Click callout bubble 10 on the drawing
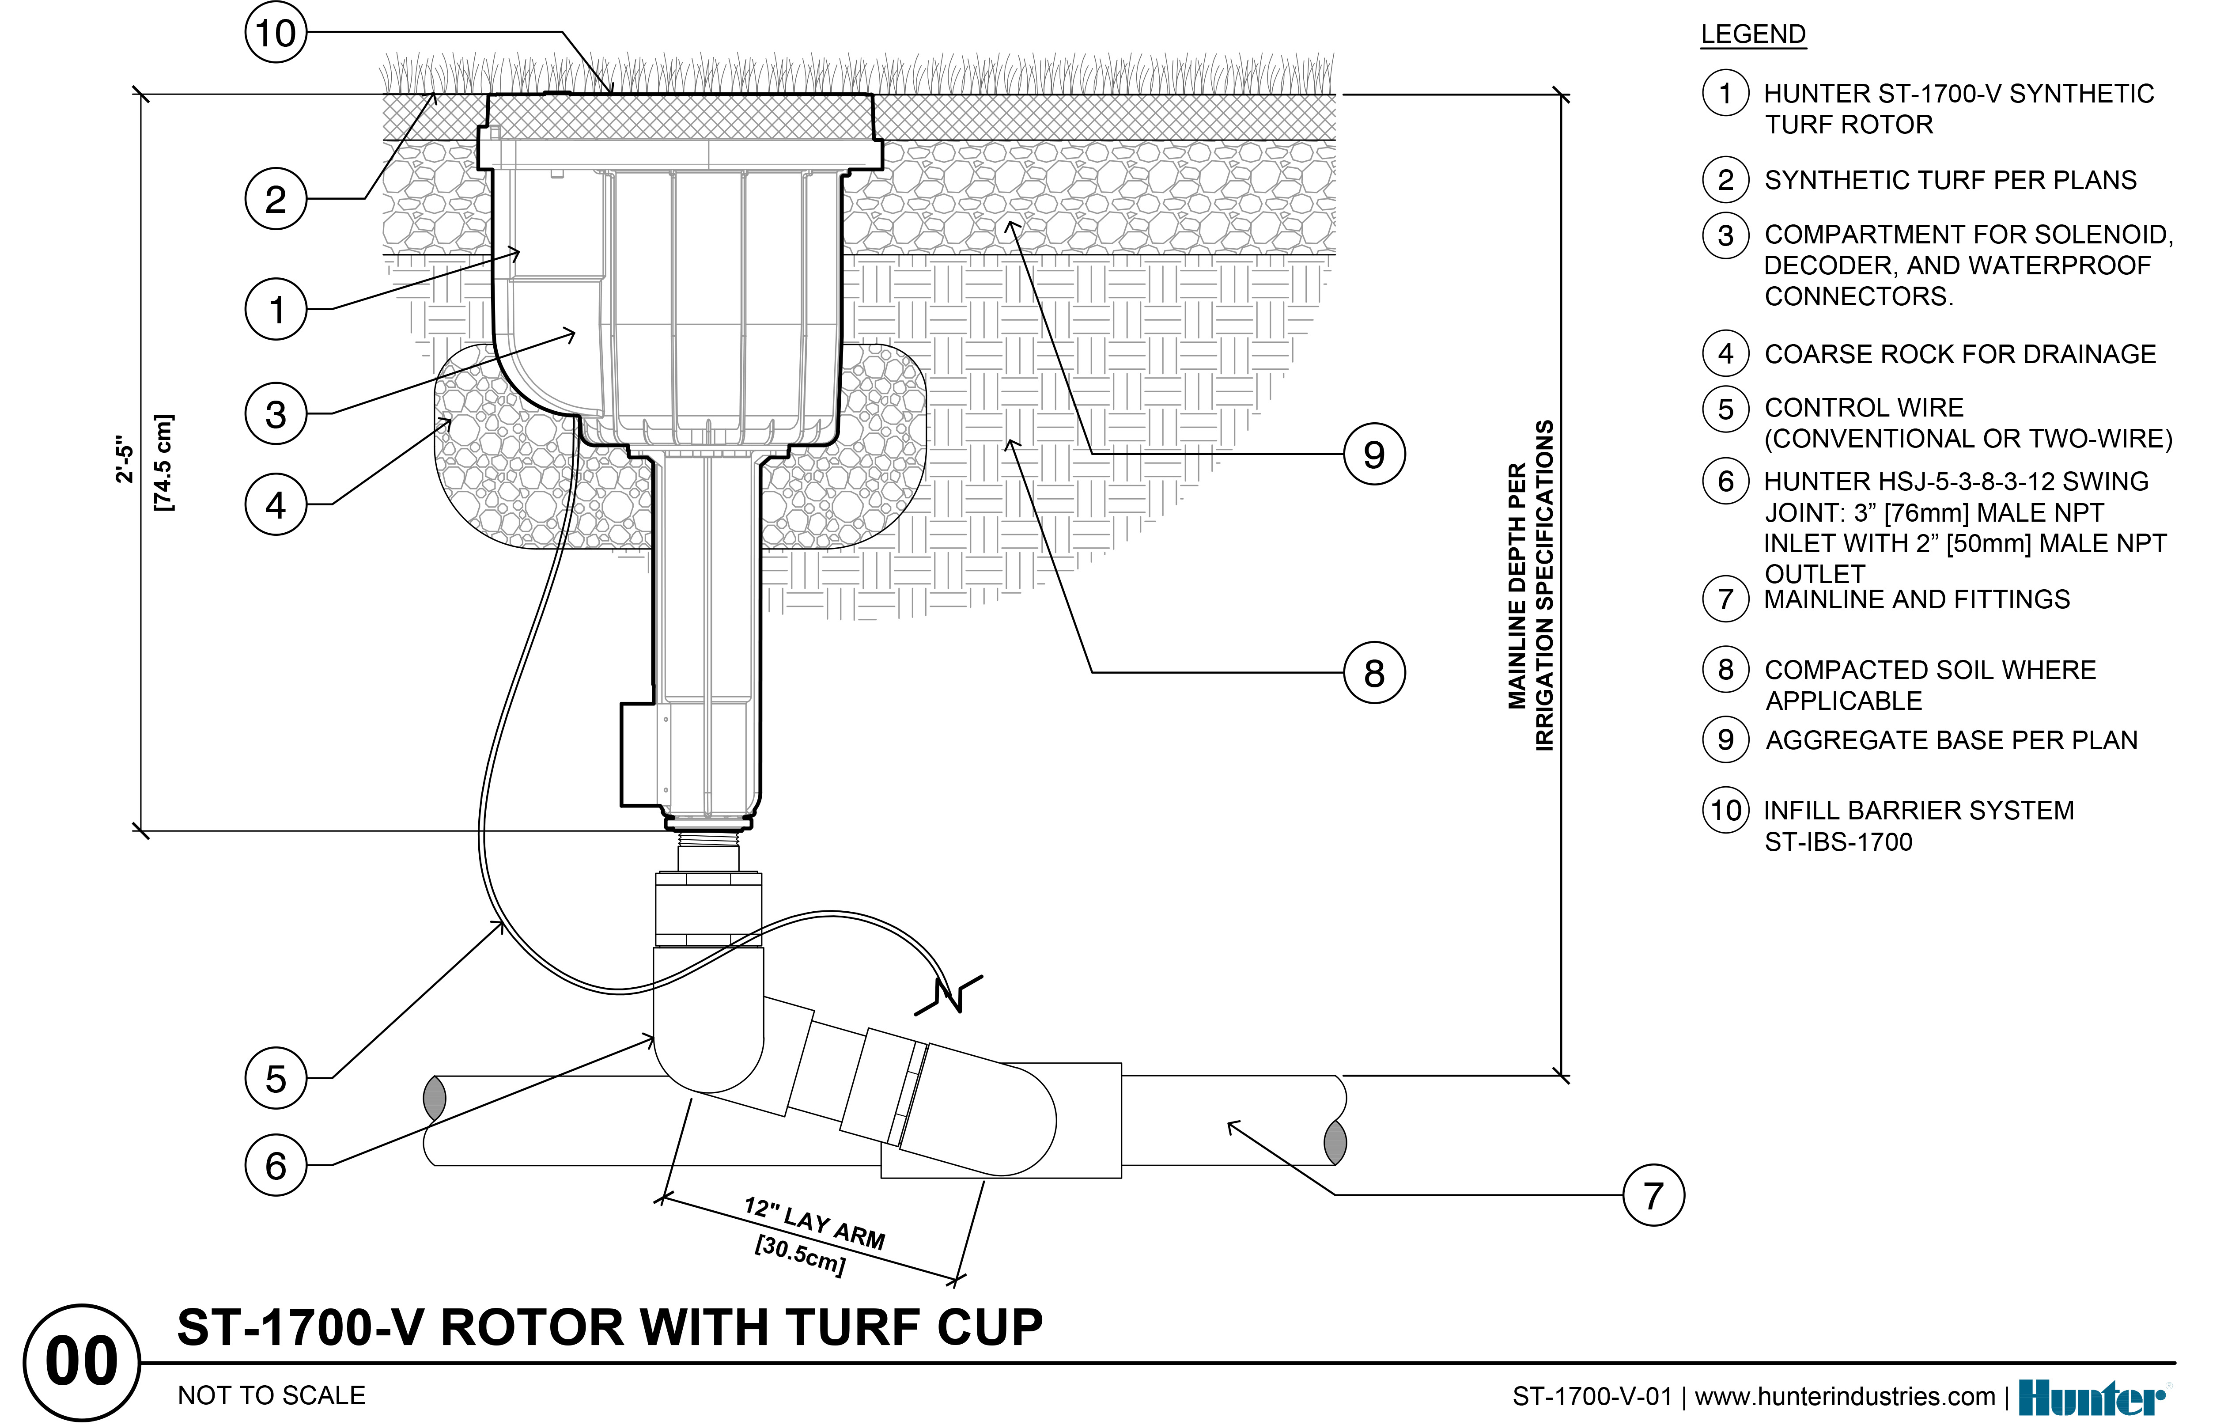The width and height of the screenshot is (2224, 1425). [276, 33]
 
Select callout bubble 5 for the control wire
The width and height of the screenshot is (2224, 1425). [276, 1078]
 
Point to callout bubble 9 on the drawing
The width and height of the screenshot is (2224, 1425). [1374, 455]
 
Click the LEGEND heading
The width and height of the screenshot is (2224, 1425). [1752, 34]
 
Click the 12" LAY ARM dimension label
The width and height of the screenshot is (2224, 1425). [814, 1223]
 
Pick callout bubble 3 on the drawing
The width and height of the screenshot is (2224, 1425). [276, 413]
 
